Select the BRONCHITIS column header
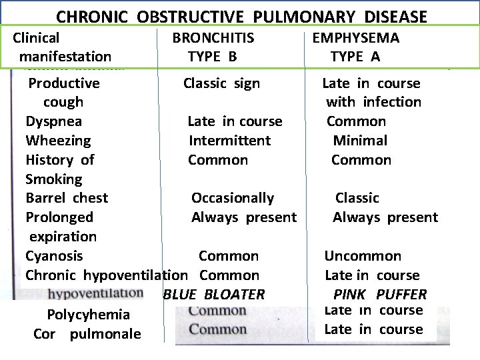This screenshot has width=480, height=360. click(x=213, y=38)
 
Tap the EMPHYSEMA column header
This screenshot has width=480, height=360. click(x=355, y=38)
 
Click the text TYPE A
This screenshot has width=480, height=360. click(x=355, y=57)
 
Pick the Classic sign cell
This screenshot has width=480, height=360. click(x=221, y=83)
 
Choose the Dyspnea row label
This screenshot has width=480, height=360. click(x=54, y=121)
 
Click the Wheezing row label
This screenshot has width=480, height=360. click(x=58, y=141)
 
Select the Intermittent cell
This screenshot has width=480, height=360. click(x=229, y=141)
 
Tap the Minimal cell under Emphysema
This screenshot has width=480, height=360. click(x=360, y=141)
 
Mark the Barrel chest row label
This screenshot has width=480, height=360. click(x=67, y=198)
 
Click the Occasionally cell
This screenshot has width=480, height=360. click(x=233, y=198)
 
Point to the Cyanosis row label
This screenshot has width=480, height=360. click(x=54, y=256)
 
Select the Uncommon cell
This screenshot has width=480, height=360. click(x=363, y=256)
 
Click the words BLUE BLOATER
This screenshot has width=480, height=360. click(x=214, y=294)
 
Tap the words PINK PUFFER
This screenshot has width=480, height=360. click(x=380, y=294)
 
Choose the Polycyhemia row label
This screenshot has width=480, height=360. click(x=89, y=315)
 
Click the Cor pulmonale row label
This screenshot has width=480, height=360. click(x=87, y=334)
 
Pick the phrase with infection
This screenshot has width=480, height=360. click(x=373, y=102)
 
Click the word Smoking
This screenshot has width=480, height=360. click(x=54, y=179)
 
